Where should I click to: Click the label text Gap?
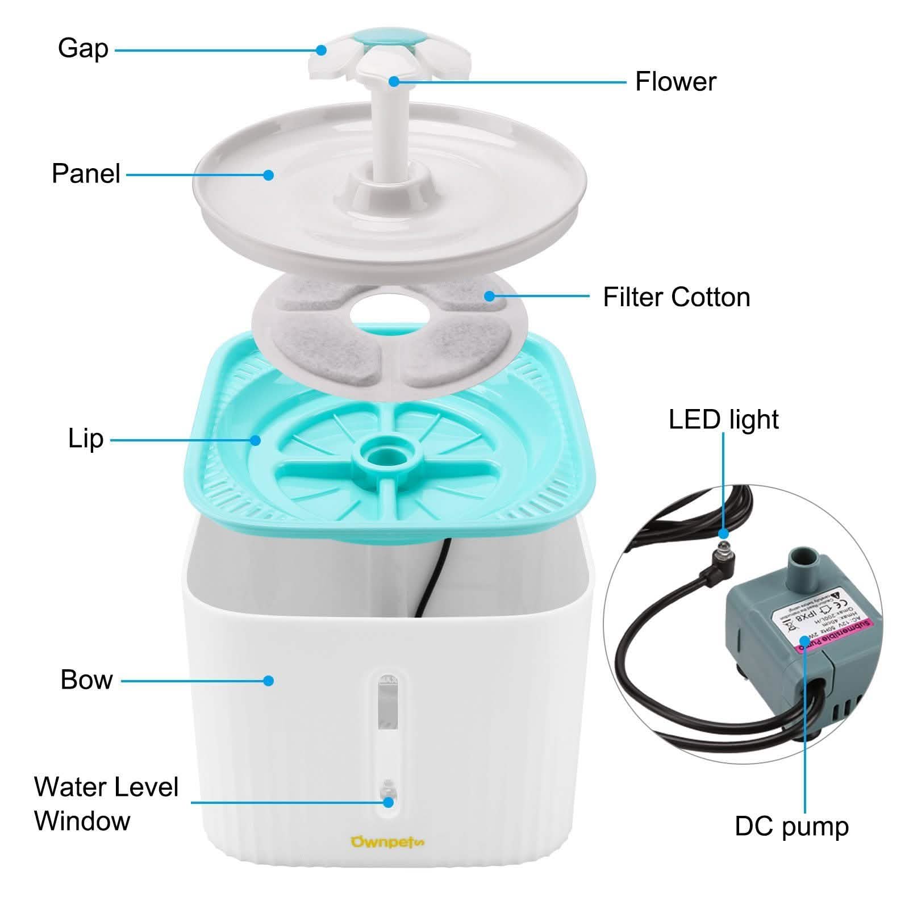[83, 48]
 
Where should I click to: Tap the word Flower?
[675, 82]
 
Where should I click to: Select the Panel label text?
[86, 173]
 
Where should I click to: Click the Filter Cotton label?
[676, 297]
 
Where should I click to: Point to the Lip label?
[86, 439]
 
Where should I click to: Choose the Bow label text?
[86, 679]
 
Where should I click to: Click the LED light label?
[723, 419]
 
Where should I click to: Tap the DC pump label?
[791, 826]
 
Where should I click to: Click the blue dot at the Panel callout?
[269, 174]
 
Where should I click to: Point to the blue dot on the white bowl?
[269, 680]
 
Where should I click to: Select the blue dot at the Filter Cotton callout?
[489, 295]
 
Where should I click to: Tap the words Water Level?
[106, 787]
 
